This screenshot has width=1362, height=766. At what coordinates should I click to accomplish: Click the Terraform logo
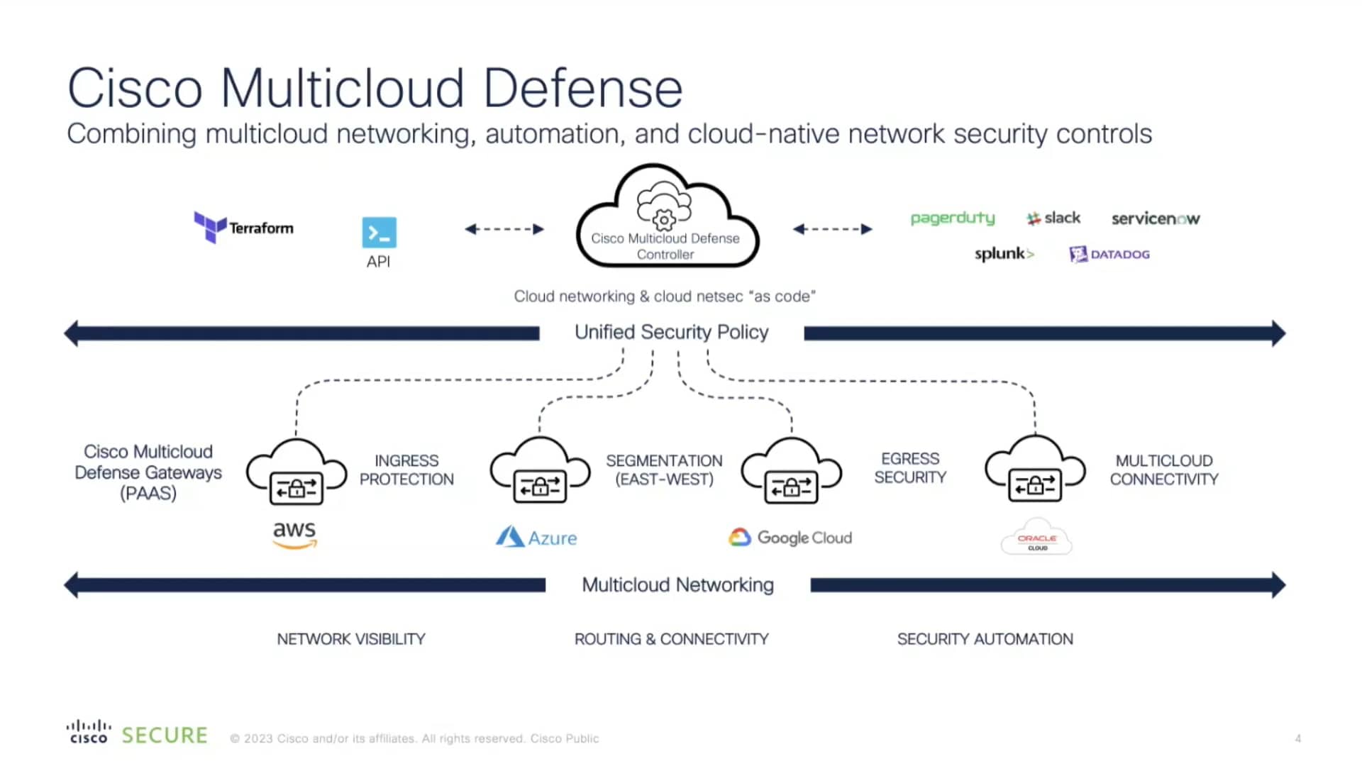tap(243, 227)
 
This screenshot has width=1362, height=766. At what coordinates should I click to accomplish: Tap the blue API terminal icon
tap(379, 233)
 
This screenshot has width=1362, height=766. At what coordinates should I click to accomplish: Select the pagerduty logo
tap(952, 218)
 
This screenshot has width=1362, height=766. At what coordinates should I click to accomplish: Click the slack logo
tap(1053, 218)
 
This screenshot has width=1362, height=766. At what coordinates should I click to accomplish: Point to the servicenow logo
tap(1155, 218)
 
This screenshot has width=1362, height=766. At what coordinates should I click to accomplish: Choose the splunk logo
tap(1004, 253)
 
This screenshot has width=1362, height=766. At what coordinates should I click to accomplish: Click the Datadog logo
tap(1109, 254)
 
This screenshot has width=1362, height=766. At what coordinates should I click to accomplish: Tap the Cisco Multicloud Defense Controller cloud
tap(666, 217)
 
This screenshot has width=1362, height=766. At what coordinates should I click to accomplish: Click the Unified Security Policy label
tap(671, 332)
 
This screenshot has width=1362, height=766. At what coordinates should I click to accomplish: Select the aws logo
tap(295, 534)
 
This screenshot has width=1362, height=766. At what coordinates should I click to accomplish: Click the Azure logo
tap(536, 537)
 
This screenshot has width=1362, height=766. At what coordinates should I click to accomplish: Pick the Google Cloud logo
tap(790, 537)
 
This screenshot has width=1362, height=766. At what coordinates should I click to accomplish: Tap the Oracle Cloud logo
tap(1036, 539)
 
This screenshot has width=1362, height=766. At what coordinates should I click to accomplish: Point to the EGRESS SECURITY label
tap(910, 468)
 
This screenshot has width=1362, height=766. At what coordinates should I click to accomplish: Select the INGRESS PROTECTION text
tap(406, 470)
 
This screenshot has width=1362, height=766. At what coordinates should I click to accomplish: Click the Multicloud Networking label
tap(677, 584)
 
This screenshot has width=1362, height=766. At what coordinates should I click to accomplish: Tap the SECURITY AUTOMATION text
tap(985, 639)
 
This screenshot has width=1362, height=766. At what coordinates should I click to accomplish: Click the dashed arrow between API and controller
tap(504, 228)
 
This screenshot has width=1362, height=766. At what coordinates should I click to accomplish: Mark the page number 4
tap(1297, 738)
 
